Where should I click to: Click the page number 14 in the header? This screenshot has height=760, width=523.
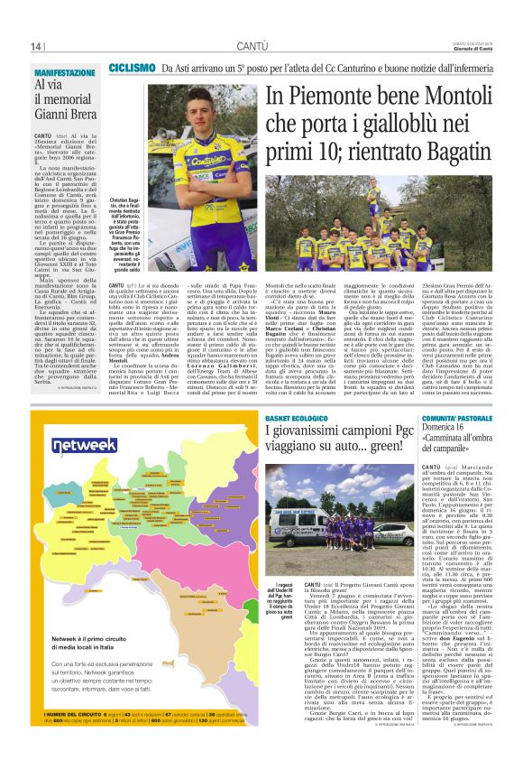37,46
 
